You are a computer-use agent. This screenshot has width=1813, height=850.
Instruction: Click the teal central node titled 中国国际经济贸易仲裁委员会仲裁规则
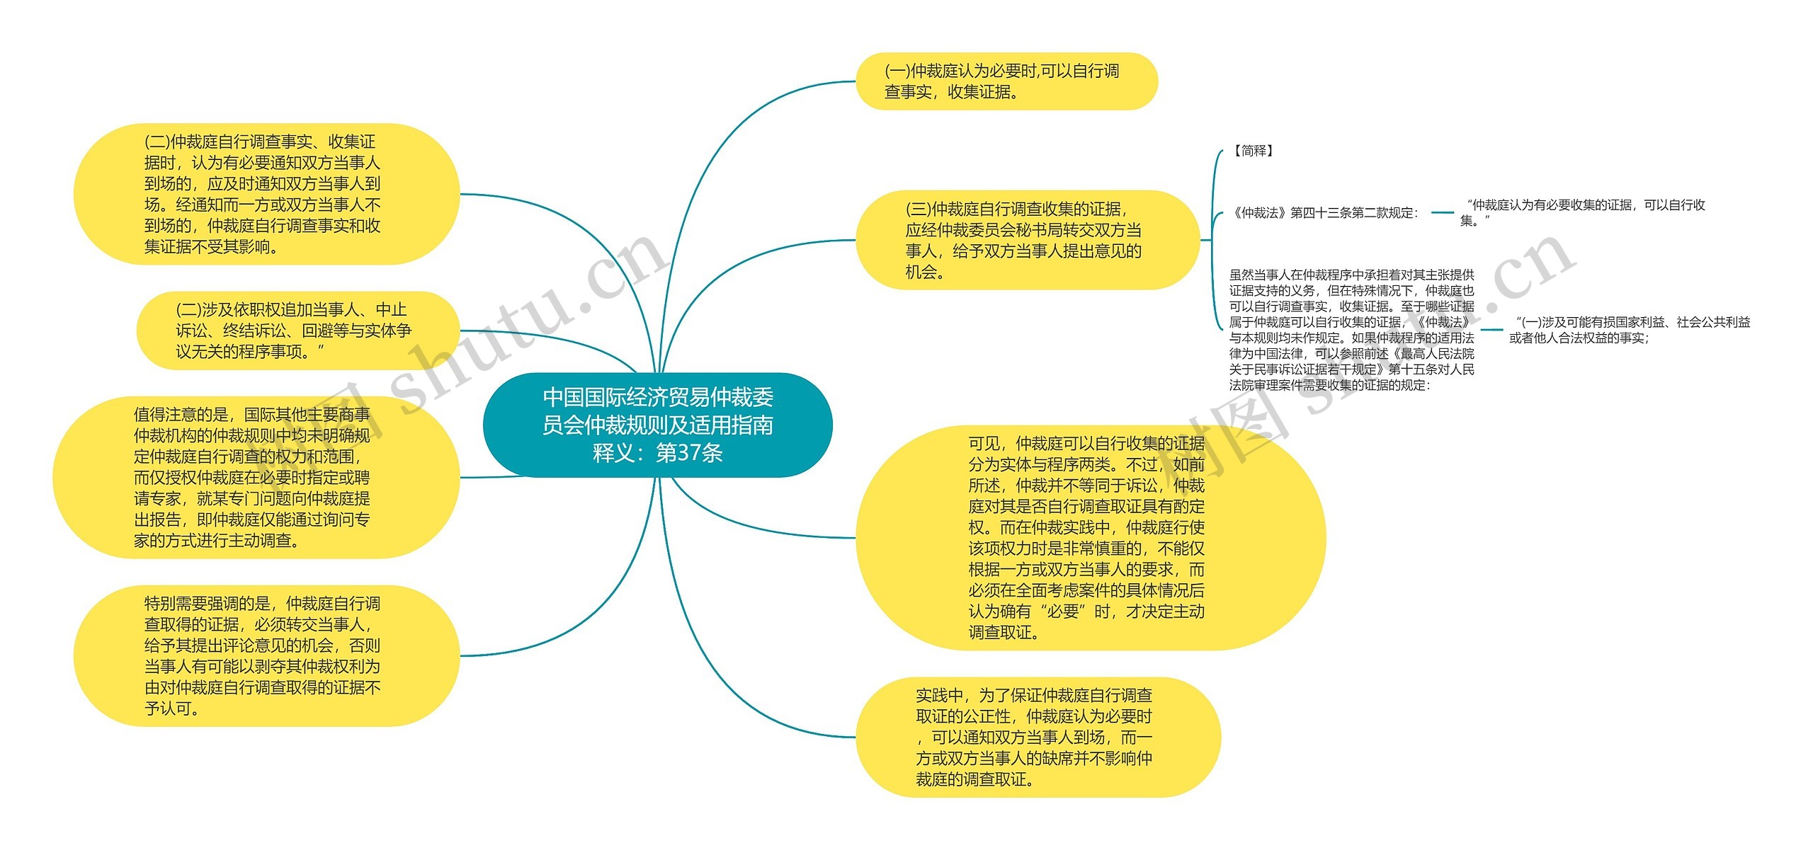(657, 425)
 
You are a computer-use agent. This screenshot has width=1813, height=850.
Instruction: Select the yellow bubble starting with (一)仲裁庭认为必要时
(1006, 81)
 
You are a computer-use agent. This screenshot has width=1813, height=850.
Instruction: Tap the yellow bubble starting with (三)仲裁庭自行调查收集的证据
(1027, 240)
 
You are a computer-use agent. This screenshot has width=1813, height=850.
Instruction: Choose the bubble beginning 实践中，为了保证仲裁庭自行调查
(1038, 737)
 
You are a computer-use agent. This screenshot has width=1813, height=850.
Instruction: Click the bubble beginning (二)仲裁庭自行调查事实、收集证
(266, 194)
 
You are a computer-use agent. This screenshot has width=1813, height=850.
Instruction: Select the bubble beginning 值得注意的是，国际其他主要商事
(256, 478)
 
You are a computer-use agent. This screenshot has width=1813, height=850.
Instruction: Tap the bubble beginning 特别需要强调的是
(266, 655)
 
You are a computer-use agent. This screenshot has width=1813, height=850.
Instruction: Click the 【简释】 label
(1253, 151)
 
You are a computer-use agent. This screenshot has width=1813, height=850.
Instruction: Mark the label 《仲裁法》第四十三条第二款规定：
(1324, 213)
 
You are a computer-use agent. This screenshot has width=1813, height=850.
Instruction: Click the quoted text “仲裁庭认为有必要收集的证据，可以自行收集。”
(1583, 212)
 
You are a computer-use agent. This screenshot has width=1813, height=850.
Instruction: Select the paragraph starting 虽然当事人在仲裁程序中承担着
(1351, 330)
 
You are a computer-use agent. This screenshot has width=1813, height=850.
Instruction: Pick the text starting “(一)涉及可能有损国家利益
(1629, 330)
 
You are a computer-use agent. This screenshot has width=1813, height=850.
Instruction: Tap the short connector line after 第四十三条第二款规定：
(1442, 212)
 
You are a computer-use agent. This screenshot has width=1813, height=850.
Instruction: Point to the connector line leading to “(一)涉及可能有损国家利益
(1491, 330)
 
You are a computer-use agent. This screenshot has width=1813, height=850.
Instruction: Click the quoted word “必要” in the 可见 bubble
(1062, 611)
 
